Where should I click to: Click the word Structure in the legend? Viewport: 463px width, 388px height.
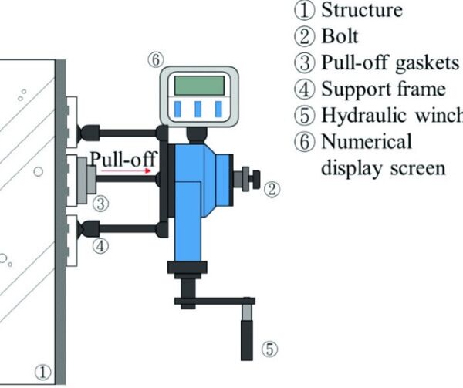coord(361,11)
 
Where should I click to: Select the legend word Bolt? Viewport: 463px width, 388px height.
coord(340,36)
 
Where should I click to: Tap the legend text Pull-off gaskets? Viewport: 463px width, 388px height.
coord(389,62)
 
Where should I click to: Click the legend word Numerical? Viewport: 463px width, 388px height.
coord(360,143)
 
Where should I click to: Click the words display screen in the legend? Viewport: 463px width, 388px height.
coord(383,167)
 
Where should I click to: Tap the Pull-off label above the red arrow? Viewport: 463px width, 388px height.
coord(123,160)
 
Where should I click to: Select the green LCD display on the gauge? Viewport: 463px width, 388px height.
coord(199,84)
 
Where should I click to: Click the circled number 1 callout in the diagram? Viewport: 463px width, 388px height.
coord(44,373)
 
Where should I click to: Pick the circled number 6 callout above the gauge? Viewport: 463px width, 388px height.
coord(154,59)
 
